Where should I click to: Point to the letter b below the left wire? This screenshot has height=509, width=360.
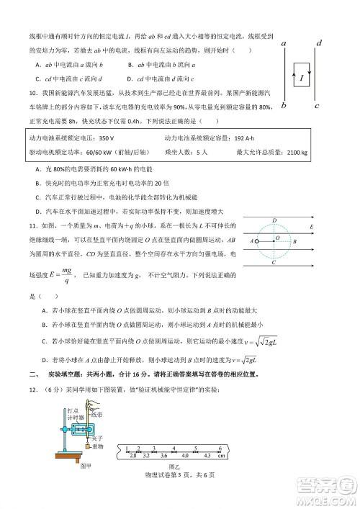[x=284, y=106]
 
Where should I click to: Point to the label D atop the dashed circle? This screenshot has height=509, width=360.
[x=274, y=220]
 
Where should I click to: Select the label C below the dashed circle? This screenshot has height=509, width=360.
[x=274, y=263]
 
